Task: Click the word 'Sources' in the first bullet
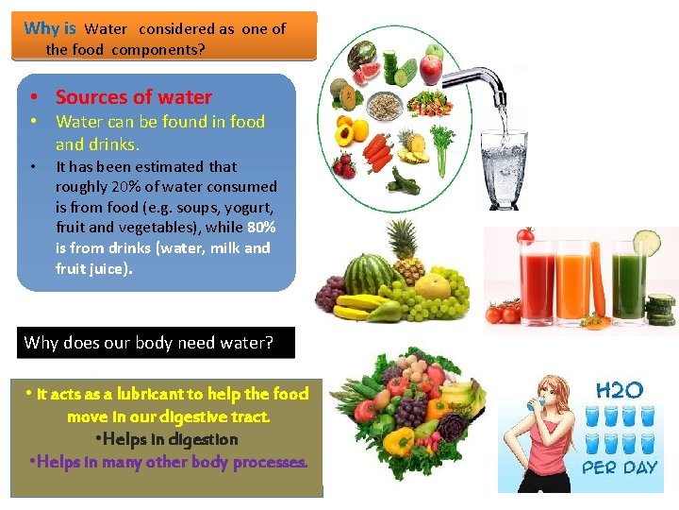pos(91,96)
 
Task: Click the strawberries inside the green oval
pos(345,167)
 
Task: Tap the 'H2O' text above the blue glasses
pos(619,389)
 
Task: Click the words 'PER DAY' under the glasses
pos(619,467)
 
